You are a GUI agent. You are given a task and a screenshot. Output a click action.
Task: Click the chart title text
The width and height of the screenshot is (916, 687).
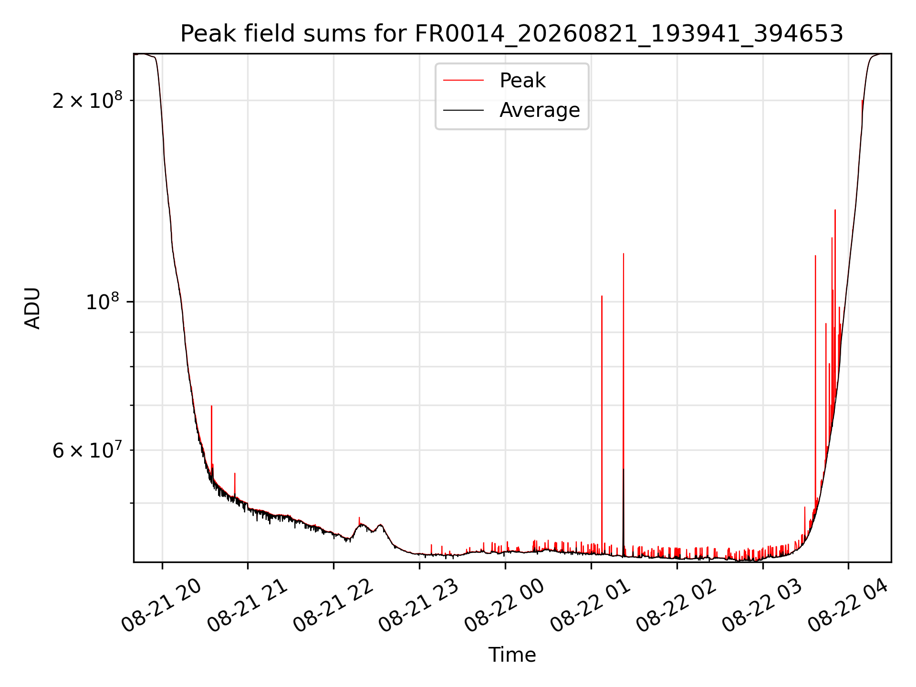pyautogui.click(x=512, y=34)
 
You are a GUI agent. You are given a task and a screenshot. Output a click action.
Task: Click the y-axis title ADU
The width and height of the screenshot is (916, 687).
pyautogui.click(x=32, y=308)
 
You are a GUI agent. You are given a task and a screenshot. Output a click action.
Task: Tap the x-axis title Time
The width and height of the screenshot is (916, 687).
pyautogui.click(x=512, y=655)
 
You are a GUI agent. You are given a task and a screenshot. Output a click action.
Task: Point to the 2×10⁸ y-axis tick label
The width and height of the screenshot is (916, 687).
pyautogui.click(x=87, y=100)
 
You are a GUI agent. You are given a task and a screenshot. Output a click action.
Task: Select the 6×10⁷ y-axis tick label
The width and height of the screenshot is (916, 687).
pyautogui.click(x=87, y=450)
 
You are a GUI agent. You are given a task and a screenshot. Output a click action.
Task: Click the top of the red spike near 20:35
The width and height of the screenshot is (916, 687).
pyautogui.click(x=211, y=406)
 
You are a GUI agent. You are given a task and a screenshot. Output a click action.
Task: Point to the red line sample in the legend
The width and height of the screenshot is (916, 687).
pyautogui.click(x=463, y=81)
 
